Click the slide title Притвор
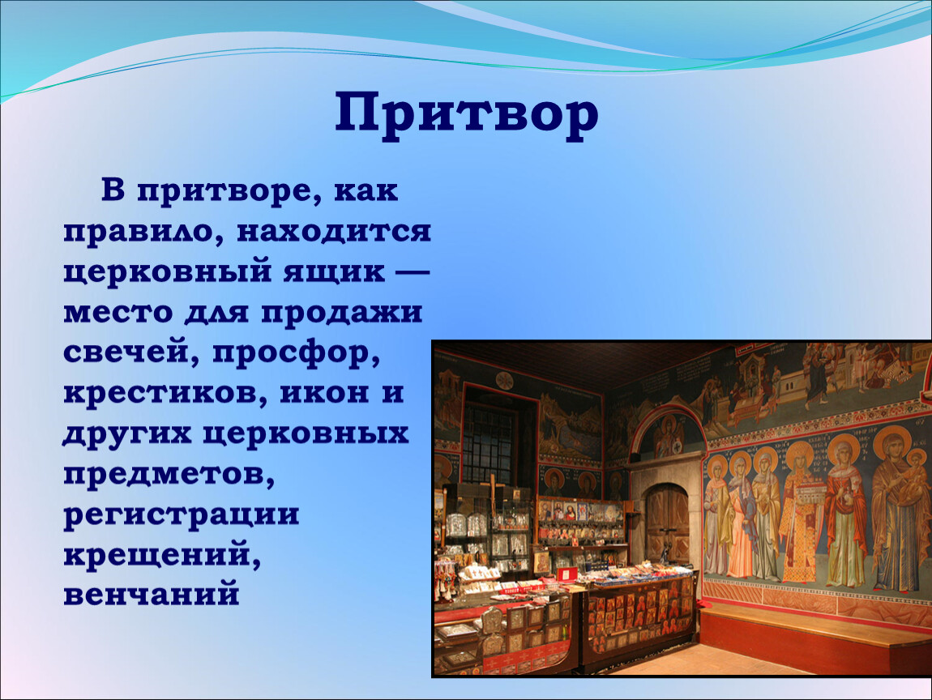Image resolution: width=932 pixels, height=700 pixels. pos(467,113)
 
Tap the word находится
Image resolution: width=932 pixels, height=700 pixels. pos(333,231)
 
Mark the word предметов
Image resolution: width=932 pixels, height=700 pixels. pos(169,475)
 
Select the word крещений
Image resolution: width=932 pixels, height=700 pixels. pos(161,555)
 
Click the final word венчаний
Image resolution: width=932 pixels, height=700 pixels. pos(152,594)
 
